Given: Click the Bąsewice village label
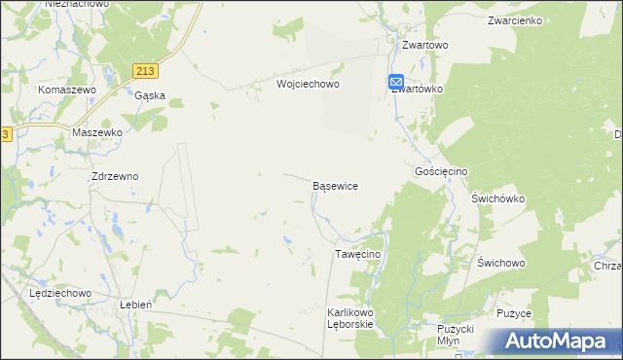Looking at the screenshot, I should tap(335, 185).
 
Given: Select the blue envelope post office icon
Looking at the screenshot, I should tap(397, 82).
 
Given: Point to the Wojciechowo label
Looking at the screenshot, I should tap(308, 85).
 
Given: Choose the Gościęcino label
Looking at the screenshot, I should tap(441, 171).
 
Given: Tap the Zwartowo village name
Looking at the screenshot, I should tap(424, 45).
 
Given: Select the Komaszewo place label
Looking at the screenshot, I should tap(67, 90).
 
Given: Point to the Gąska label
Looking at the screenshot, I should tap(150, 95).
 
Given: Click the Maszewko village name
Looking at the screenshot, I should tap(96, 131).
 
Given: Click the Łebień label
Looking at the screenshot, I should tap(133, 304).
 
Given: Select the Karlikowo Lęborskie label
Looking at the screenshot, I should tap(350, 318).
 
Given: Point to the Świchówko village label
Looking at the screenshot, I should tap(497, 198).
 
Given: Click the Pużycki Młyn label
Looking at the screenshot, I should tap(455, 336).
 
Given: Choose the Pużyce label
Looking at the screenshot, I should tap(514, 313).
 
